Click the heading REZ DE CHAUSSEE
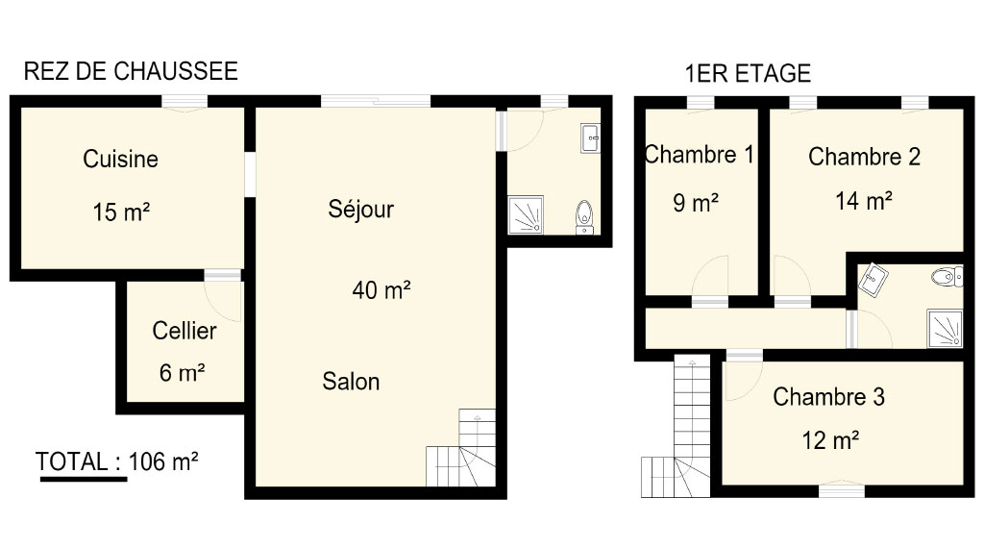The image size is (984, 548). [x=131, y=71]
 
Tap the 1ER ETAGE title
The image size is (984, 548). [x=748, y=73]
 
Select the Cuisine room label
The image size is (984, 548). [x=120, y=159]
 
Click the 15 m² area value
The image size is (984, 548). [x=121, y=212]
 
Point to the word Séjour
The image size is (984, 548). [x=361, y=209]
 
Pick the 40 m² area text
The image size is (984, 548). [x=381, y=290]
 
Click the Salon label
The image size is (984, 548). [x=351, y=381]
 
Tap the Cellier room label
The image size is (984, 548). [x=184, y=331]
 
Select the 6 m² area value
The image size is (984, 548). [x=182, y=373]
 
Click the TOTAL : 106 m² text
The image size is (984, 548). [x=116, y=462]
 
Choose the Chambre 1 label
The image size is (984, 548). [x=700, y=155]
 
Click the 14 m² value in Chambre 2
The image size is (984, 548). [x=864, y=201]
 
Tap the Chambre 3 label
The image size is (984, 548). [x=828, y=397]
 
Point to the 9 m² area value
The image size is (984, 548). [x=696, y=203]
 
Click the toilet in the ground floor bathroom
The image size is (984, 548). [x=584, y=217]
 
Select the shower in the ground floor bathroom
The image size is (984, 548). [x=526, y=214]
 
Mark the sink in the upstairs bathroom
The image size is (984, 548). [x=873, y=280]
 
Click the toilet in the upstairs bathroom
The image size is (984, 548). [x=947, y=276]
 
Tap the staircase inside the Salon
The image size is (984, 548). [x=461, y=448]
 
